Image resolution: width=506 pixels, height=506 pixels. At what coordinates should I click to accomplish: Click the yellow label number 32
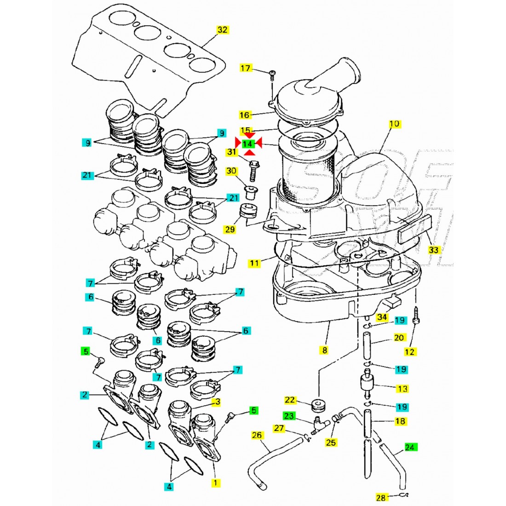(223, 30)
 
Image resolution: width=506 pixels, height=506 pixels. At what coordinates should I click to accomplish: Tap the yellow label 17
(247, 69)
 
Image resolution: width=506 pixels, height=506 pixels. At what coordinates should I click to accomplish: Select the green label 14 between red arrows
(248, 144)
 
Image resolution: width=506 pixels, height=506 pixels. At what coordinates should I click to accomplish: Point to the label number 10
(395, 124)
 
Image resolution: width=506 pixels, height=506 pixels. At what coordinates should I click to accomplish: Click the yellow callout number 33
(434, 250)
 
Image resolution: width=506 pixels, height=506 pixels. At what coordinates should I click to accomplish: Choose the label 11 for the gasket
(254, 263)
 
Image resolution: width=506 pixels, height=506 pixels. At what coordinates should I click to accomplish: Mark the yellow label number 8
(324, 350)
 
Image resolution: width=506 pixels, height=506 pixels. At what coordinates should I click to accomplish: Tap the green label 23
(289, 416)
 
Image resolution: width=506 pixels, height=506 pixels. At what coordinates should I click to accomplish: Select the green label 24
(410, 447)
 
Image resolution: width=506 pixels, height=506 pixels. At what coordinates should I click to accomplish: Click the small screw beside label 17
(271, 74)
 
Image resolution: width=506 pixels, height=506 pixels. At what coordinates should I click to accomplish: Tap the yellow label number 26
(257, 435)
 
